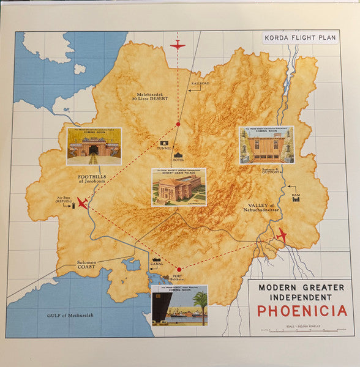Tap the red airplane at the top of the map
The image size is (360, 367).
coord(178,45)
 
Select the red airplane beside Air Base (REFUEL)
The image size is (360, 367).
coord(82,202)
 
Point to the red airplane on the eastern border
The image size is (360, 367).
coord(281,234)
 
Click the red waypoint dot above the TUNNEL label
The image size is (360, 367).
coord(178,124)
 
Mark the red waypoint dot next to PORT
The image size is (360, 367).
coord(179,269)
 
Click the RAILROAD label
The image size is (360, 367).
coord(200,83)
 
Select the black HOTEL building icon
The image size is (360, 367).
coord(178,149)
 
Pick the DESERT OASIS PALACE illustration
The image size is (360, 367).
coord(179,190)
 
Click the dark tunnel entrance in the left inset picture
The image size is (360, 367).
coord(94,150)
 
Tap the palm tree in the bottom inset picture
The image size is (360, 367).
coord(200,303)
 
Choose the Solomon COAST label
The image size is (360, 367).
coord(86,265)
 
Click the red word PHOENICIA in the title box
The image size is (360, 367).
coord(302,310)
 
